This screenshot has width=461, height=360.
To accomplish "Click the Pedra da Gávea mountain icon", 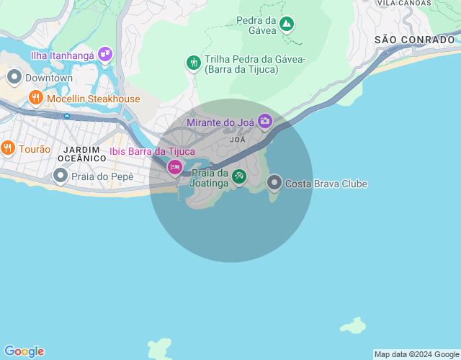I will (x=287, y=24).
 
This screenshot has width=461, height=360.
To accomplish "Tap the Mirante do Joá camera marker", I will (x=265, y=121).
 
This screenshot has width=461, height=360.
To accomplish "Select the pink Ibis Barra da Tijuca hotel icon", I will (x=174, y=168).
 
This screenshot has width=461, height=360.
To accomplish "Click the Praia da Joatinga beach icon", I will (x=238, y=176).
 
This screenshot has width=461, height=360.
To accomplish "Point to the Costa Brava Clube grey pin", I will (x=274, y=183).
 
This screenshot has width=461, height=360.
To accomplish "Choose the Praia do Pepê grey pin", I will (x=61, y=176).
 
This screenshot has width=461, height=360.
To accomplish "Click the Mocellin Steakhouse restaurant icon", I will (x=36, y=97).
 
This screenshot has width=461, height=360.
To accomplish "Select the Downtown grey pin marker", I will (x=14, y=76).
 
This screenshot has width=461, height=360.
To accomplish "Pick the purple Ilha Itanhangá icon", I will (x=106, y=53).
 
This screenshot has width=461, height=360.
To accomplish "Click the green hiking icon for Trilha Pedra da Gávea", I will (x=193, y=63).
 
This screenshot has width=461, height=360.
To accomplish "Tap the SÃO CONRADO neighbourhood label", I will (x=414, y=40).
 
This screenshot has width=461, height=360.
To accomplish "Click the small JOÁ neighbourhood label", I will (x=237, y=139).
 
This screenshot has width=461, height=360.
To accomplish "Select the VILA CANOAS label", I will (x=406, y=3).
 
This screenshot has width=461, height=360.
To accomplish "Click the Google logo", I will (x=23, y=351).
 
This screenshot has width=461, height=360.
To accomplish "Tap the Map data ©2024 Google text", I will (x=417, y=354).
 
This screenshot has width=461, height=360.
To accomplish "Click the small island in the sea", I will (x=352, y=326).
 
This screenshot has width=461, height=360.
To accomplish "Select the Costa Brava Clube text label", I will (x=326, y=184).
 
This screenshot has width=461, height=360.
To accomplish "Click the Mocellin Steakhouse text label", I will (x=94, y=98).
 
